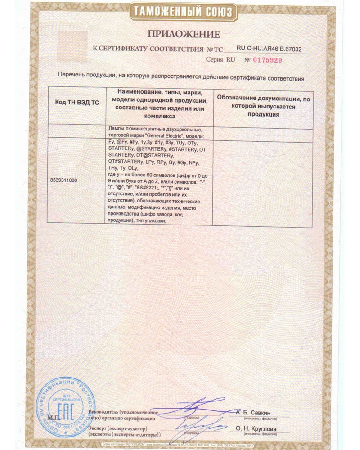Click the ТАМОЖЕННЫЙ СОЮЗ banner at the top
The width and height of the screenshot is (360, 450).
click(x=182, y=11)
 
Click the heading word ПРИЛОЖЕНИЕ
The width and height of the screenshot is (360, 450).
click(x=182, y=34)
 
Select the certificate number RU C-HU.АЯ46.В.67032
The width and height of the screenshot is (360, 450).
click(x=269, y=49)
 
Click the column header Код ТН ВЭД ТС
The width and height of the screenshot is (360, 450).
click(x=76, y=103)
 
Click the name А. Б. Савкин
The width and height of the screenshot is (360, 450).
click(x=256, y=412)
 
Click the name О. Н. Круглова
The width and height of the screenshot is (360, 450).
click(x=256, y=429)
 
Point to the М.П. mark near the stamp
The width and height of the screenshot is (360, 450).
click(x=54, y=418)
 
